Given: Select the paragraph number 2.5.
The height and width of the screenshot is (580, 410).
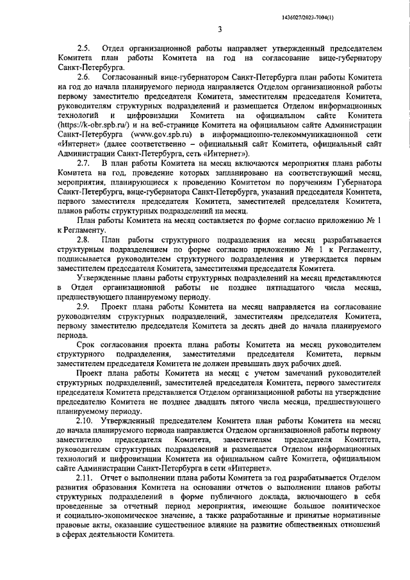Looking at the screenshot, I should click(84, 47).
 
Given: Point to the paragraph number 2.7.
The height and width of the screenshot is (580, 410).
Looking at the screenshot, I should click(84, 163).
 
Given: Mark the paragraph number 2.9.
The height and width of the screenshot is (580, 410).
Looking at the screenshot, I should click(84, 307).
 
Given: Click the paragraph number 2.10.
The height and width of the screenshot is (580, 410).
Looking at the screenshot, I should click(86, 420).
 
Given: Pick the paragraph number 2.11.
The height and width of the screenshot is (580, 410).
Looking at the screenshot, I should click(86, 477).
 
